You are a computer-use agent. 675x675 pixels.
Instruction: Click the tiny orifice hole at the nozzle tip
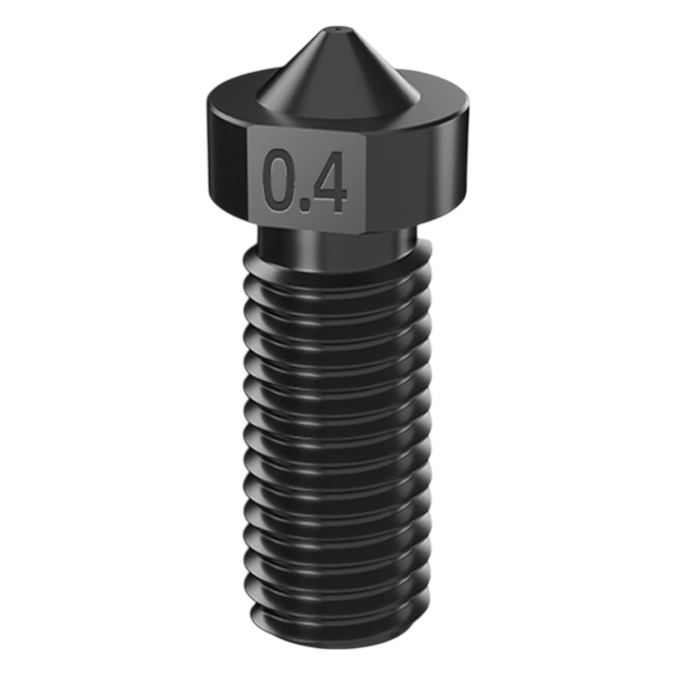(x=337, y=30)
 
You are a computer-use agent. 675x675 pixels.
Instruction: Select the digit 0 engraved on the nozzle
(x=280, y=180)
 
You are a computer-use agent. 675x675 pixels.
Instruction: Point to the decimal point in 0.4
(x=306, y=205)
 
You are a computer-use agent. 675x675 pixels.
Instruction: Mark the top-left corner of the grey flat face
(x=251, y=128)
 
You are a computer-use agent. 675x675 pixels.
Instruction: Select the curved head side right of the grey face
(x=418, y=172)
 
